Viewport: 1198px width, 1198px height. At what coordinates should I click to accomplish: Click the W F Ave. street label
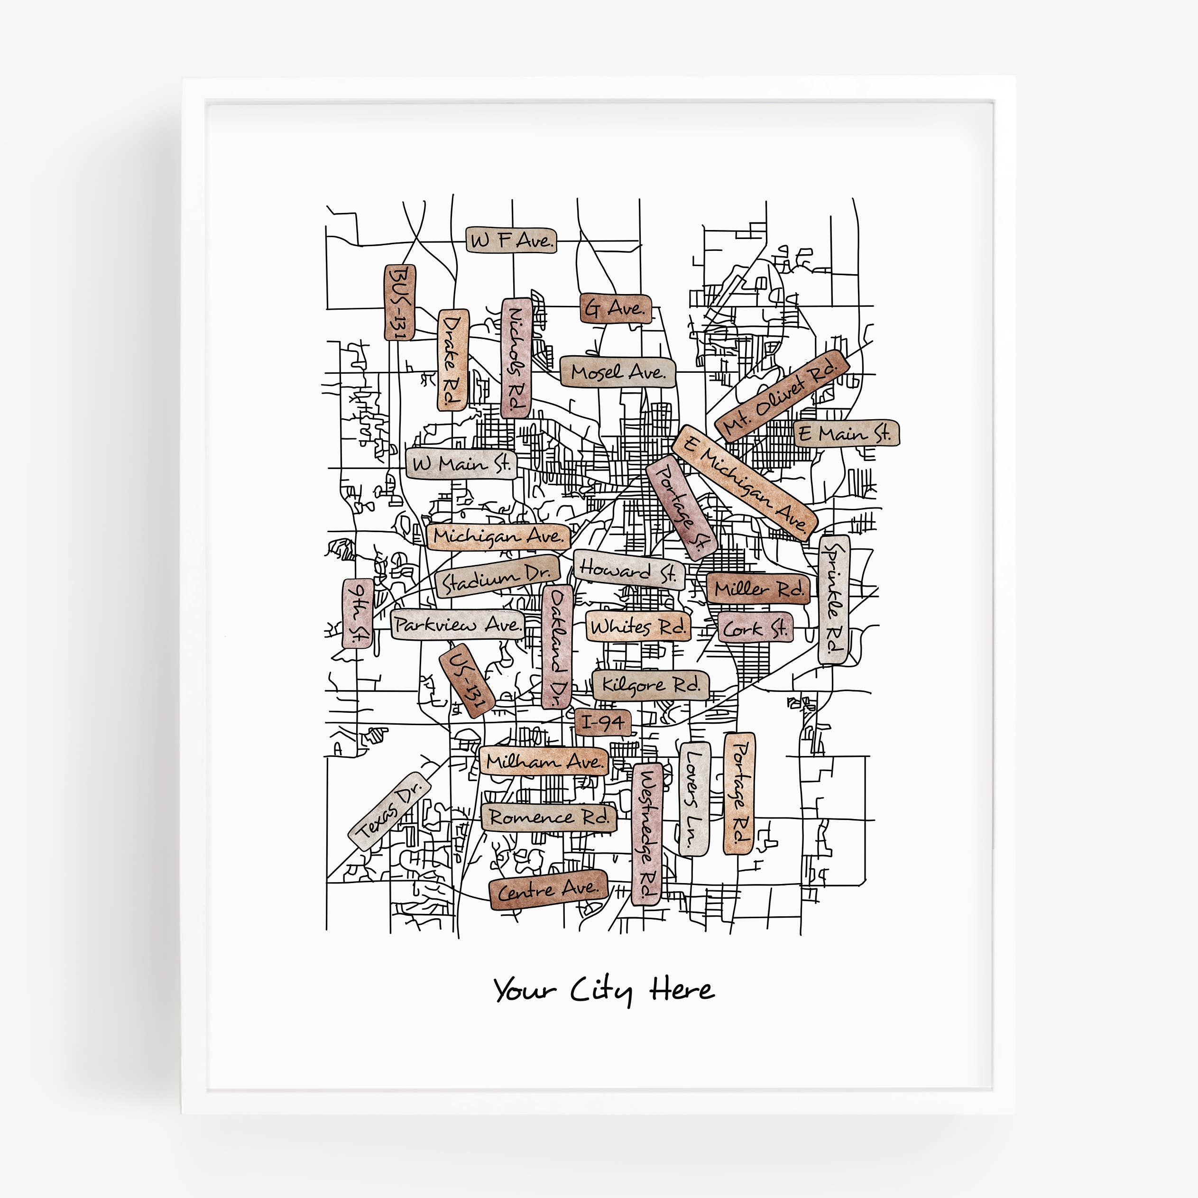coord(511,240)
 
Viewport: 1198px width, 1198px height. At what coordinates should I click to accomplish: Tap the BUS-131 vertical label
coord(400,303)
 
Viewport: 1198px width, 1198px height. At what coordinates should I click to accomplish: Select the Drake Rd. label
coord(452,359)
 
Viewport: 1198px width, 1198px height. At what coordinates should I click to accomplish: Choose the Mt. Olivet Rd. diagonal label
coord(781,396)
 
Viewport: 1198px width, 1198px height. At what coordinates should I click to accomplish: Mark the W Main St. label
coord(462,464)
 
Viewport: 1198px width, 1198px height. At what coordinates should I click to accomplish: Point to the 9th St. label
coord(358,613)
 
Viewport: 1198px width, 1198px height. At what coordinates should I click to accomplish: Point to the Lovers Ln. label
coord(694,799)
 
